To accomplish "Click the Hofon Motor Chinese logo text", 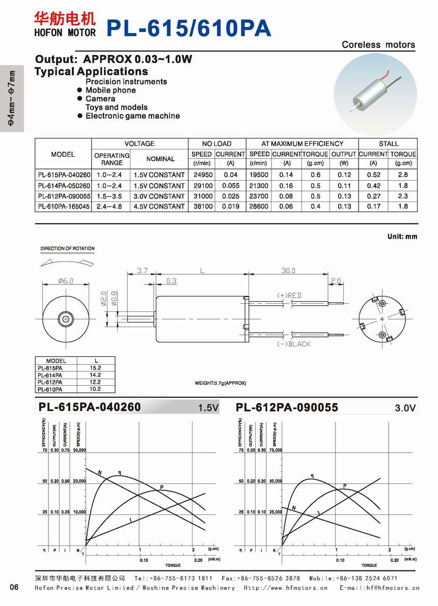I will tap(64, 19).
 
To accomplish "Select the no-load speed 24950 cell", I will tap(202, 175).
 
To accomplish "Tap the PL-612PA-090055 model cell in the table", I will tap(64, 196).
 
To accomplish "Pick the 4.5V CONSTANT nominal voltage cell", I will tap(159, 207).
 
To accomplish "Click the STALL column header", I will tap(388, 143).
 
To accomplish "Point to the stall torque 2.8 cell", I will tap(403, 175).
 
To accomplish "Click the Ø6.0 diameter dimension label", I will tap(66, 281).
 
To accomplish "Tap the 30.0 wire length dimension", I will tap(288, 271).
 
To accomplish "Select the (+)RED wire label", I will tap(289, 296).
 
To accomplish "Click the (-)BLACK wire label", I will tap(293, 344).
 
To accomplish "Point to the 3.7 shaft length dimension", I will tap(142, 271).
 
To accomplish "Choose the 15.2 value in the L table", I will tap(96, 367).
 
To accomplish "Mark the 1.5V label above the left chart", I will tap(208, 408).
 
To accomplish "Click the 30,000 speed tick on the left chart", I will tap(80, 450).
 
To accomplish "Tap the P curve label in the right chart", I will tap(344, 486).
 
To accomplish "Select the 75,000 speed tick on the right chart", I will tap(275, 450).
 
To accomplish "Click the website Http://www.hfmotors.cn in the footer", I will tap(285, 588).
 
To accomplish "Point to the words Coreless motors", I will tap(378, 45).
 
